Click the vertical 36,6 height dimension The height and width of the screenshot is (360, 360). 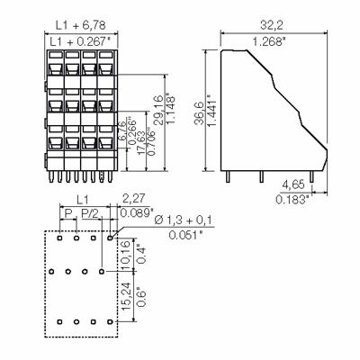208,106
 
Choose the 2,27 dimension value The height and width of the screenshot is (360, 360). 133,198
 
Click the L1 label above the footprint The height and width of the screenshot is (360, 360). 82,198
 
